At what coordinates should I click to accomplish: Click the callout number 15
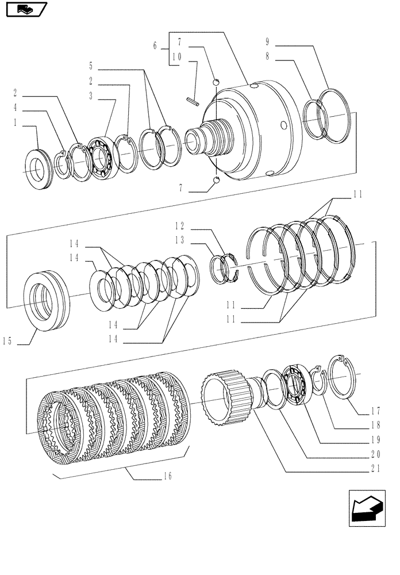(x=7, y=342)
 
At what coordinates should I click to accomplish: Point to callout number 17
(x=376, y=411)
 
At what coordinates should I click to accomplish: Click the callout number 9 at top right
(x=268, y=41)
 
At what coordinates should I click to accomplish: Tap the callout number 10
(x=176, y=57)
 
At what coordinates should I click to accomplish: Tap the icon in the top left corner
(x=25, y=9)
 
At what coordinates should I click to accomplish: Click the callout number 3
(x=91, y=96)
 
